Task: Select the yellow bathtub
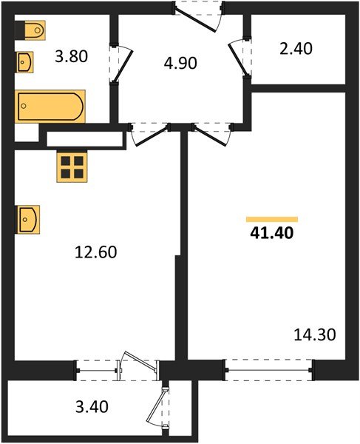[50, 106]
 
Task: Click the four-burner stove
[72, 166]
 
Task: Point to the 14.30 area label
[314, 334]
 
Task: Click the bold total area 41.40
[272, 236]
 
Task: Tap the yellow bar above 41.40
[271, 220]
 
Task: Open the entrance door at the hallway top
[197, 15]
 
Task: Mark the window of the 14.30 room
[269, 368]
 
